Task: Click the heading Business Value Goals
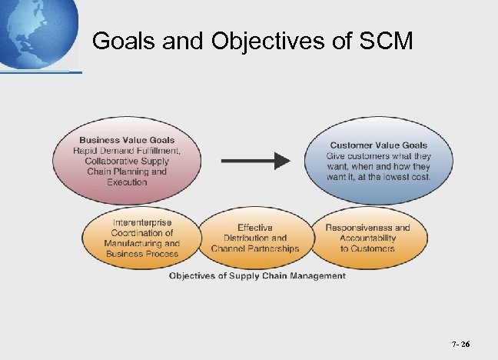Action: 128,140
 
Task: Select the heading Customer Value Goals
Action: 378,145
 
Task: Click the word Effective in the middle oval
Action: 255,228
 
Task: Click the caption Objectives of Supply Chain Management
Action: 257,275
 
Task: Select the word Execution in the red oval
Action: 127,182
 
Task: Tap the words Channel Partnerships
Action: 255,249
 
